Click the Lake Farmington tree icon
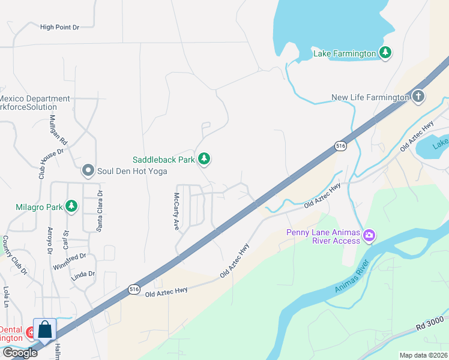385,53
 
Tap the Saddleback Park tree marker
205,159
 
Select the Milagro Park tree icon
71,207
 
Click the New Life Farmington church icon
418,97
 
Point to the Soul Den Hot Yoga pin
88,171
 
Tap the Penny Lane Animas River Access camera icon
369,235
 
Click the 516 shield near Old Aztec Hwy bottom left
134,289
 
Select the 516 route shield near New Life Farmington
340,146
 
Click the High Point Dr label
59,27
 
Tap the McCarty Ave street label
176,212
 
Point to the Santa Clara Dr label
100,203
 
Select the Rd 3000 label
431,325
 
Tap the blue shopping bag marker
44,329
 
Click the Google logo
19,353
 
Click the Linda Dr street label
83,274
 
